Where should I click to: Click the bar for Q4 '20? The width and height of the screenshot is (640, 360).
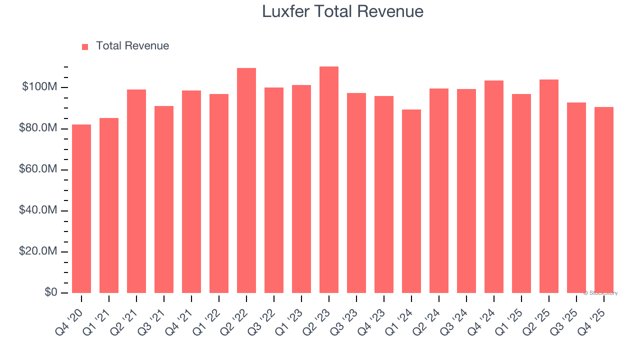[x=81, y=208]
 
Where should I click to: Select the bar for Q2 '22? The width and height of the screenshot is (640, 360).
[x=246, y=180]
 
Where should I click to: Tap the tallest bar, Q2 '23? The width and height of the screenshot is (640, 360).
[x=329, y=179]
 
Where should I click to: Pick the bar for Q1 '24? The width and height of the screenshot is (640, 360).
[x=411, y=201]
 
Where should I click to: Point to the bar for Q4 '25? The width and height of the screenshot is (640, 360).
[x=604, y=200]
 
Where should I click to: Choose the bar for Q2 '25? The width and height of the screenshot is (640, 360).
[x=549, y=186]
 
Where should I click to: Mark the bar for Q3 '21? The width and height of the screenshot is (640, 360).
[x=164, y=199]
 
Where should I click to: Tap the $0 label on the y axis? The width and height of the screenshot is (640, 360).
[x=51, y=292]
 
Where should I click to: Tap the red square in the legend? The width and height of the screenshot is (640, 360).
[x=85, y=46]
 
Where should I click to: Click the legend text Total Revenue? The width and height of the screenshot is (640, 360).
[x=132, y=46]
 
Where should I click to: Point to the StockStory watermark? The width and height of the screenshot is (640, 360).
[x=600, y=293]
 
